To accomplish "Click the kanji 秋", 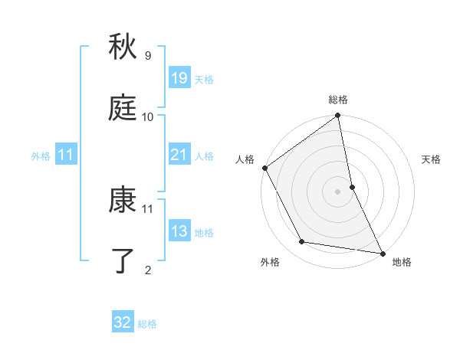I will pyautogui.click(x=123, y=47).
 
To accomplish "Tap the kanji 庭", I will pyautogui.click(x=123, y=108).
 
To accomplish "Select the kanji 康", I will pyautogui.click(x=123, y=200).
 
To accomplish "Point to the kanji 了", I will pyautogui.click(x=123, y=260).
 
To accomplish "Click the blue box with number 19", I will pyautogui.click(x=179, y=77).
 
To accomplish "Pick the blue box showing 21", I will pyautogui.click(x=179, y=155).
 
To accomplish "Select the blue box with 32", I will pyautogui.click(x=123, y=322).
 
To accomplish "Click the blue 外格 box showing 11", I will pyautogui.click(x=66, y=155).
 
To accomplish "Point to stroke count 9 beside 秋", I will pyautogui.click(x=148, y=55).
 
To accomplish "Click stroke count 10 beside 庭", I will pyautogui.click(x=148, y=116).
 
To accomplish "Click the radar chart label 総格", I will pyautogui.click(x=338, y=100).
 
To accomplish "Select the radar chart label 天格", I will pyautogui.click(x=431, y=159).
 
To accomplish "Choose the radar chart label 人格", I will pyautogui.click(x=245, y=159).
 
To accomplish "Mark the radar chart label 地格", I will pyautogui.click(x=401, y=262).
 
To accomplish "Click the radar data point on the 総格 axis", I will pyautogui.click(x=338, y=116).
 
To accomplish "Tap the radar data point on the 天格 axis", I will pyautogui.click(x=352, y=186).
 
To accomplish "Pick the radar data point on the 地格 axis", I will pyautogui.click(x=382, y=252).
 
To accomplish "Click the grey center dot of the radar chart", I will pyautogui.click(x=338, y=191).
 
